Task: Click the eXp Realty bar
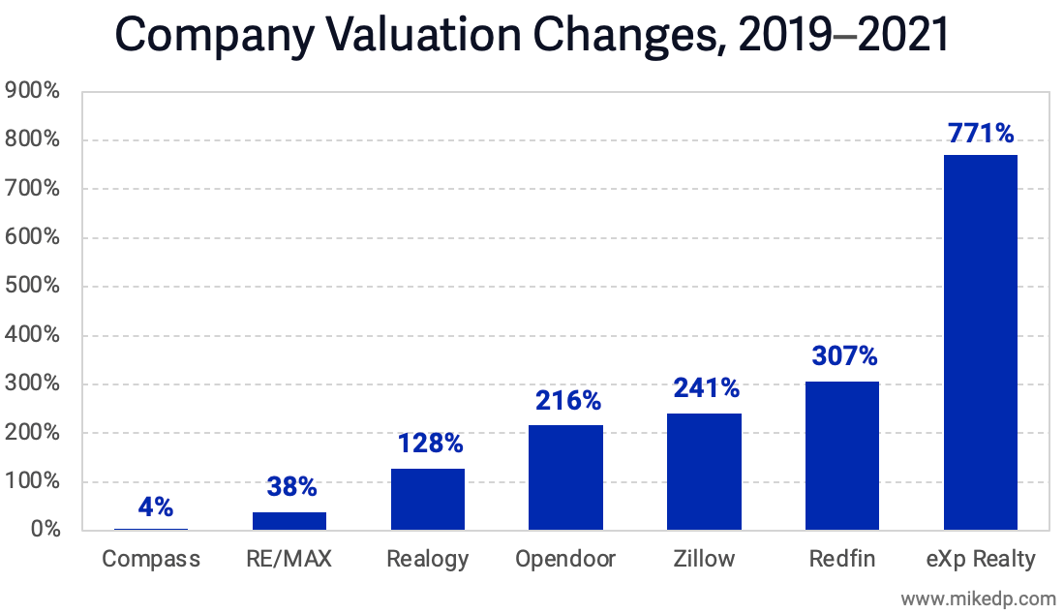point(980,342)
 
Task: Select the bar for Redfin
point(842,455)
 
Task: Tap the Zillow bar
point(704,472)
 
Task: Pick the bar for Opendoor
point(565,477)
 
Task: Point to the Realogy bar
point(428,499)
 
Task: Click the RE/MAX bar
point(289,521)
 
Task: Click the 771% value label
point(980,133)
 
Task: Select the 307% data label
point(842,356)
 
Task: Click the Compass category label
point(151,559)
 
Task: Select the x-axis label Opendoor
point(565,559)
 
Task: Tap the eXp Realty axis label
point(980,559)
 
